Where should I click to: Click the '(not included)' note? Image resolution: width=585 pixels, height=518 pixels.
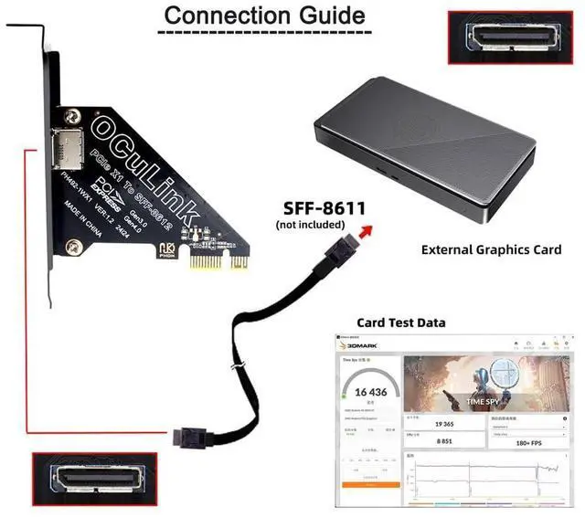(x=310, y=224)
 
